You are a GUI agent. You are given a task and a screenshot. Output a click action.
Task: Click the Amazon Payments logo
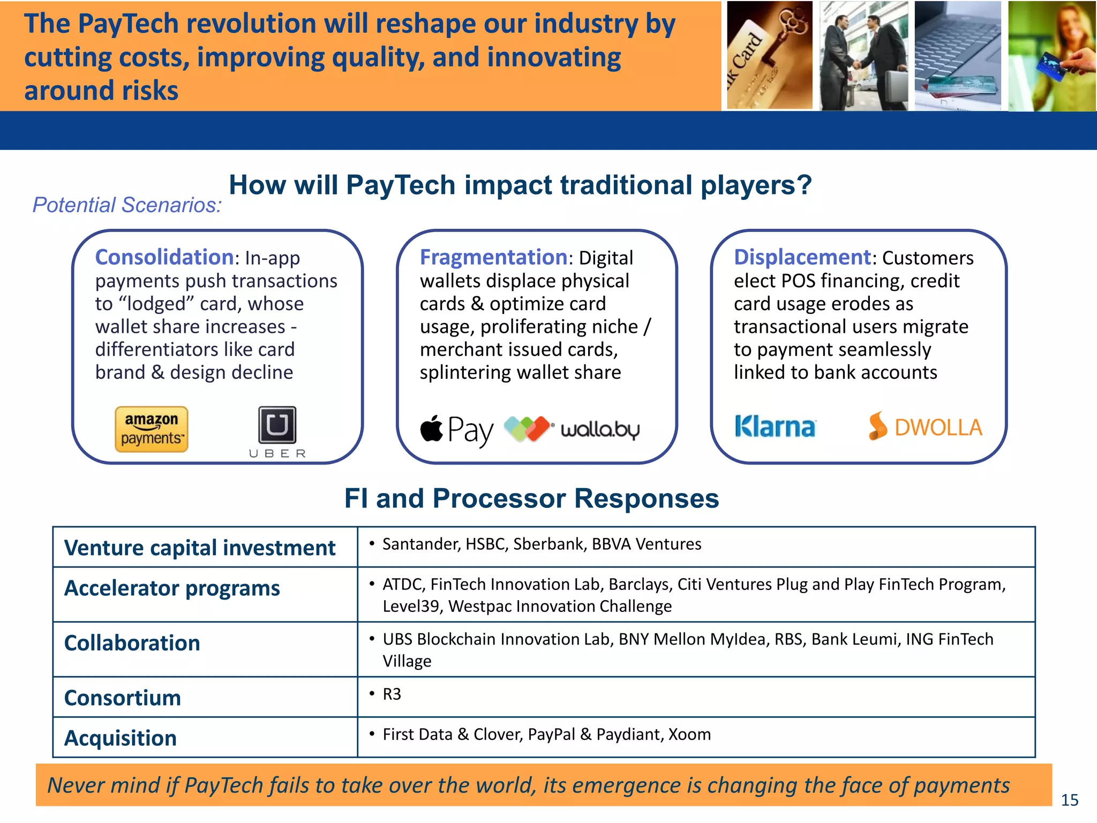tap(152, 429)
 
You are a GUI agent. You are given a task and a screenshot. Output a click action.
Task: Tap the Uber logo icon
tap(277, 425)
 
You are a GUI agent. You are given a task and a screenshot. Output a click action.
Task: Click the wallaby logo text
tap(600, 430)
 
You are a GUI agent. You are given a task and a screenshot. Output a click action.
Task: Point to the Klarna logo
tap(775, 427)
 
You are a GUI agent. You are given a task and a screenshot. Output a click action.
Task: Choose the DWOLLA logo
tap(926, 427)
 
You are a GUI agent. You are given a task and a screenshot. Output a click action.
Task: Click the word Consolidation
tap(164, 258)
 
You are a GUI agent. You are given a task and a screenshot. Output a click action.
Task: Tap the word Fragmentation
tap(493, 258)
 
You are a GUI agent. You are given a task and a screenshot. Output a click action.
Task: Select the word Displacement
tap(802, 258)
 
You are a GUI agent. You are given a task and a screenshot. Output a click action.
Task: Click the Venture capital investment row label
tap(200, 548)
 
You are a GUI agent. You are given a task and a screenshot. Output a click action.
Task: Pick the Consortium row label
tap(123, 698)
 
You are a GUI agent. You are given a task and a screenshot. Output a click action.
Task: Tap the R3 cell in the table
tap(392, 694)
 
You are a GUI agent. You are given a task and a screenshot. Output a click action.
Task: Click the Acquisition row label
tap(121, 738)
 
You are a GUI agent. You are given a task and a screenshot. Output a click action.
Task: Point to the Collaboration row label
tap(132, 643)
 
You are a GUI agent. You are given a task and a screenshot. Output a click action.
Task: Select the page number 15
tap(1069, 800)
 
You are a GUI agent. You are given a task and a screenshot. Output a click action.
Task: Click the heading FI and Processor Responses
tap(531, 498)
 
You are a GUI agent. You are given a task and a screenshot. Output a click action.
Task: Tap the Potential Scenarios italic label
tap(127, 205)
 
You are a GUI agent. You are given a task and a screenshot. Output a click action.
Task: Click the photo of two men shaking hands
tap(863, 56)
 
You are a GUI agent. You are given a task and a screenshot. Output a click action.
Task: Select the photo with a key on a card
tap(769, 56)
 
